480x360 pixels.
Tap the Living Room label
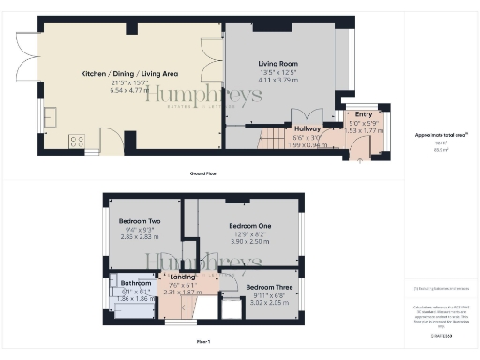click(277, 64)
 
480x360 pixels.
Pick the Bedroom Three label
click(265, 287)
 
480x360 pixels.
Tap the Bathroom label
click(136, 282)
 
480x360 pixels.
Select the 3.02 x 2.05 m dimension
click(265, 303)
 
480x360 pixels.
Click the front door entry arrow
click(362, 159)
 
